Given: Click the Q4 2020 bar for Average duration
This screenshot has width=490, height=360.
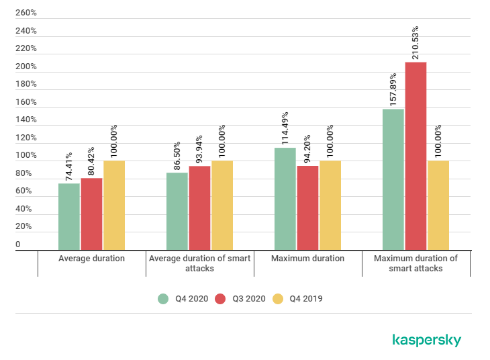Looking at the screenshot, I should [69, 216].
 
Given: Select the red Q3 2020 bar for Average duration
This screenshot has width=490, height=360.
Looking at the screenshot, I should [91, 214].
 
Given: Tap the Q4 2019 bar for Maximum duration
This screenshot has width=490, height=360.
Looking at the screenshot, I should [330, 205].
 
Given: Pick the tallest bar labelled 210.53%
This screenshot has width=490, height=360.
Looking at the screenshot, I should [415, 156].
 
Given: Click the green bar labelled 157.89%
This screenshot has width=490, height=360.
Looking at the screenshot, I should [393, 179].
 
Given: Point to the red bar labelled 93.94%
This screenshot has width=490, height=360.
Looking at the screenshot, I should [199, 208].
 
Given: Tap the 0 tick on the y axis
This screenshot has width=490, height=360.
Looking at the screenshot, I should [18, 244].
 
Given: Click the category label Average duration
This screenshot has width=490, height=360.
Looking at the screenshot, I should [91, 259].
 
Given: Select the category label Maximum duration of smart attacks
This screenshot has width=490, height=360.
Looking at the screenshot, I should [415, 263].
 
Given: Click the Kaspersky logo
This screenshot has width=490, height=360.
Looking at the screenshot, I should [426, 340].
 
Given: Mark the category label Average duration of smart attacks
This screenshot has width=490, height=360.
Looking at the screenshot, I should [199, 263].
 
